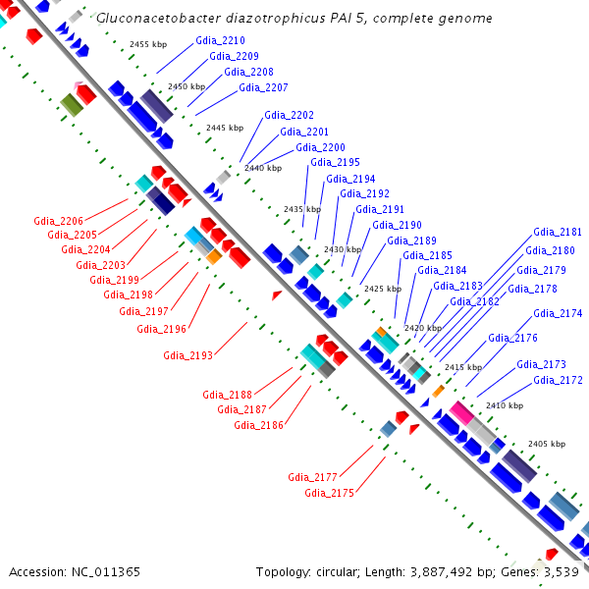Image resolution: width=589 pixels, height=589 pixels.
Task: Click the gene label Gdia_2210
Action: (x=220, y=40)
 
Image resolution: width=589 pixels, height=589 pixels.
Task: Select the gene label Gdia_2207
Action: (x=263, y=87)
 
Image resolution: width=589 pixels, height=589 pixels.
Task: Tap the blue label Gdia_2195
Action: (x=335, y=162)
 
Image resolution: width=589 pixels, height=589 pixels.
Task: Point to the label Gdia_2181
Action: (x=558, y=233)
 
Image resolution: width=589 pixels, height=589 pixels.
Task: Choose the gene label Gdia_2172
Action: (x=558, y=380)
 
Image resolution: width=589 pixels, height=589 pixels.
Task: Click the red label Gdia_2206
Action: (x=58, y=220)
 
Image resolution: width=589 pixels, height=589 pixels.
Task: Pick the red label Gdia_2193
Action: (x=188, y=355)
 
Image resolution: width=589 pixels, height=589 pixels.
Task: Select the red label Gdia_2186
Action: (x=258, y=425)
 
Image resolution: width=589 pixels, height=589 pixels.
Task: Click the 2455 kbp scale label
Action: (x=148, y=44)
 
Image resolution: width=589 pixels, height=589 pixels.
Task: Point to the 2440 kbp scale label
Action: (x=262, y=168)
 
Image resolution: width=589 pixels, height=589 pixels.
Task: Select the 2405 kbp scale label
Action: (x=546, y=444)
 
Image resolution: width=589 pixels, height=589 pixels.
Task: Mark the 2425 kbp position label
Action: (x=382, y=289)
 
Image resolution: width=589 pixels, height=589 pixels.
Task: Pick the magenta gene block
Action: (x=460, y=411)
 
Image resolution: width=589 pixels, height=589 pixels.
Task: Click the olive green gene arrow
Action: (x=71, y=104)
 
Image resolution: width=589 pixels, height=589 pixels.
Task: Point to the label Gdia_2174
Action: (x=558, y=313)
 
